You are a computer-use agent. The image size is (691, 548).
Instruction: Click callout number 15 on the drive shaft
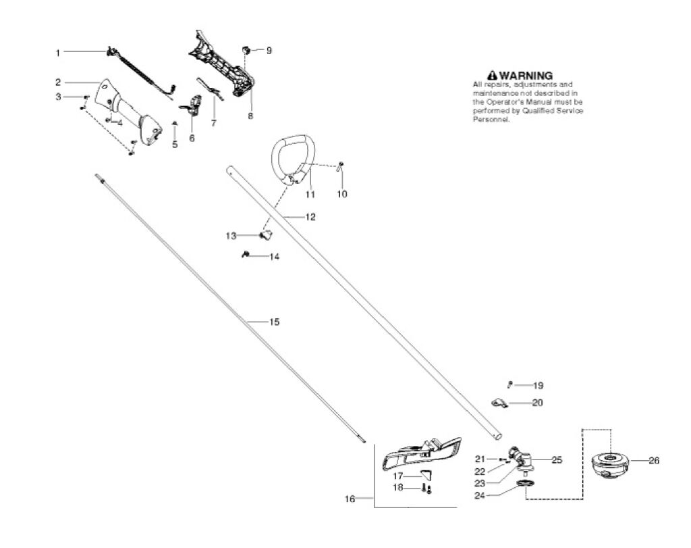(274, 322)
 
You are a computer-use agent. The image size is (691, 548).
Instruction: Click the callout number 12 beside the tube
(310, 218)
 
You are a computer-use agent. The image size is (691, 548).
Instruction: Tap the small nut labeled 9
(247, 50)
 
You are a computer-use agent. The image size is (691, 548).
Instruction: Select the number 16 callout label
(350, 499)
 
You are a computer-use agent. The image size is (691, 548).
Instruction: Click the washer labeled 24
(523, 484)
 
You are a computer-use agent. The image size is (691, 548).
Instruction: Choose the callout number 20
(538, 403)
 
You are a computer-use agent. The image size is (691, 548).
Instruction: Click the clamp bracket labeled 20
(499, 403)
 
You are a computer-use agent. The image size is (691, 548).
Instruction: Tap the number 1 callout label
(58, 52)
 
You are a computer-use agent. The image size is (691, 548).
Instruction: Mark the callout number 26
(654, 461)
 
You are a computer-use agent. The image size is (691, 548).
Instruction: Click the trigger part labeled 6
(193, 105)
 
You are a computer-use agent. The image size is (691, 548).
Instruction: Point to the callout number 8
(250, 116)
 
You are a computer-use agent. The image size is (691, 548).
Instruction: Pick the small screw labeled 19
(510, 384)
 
